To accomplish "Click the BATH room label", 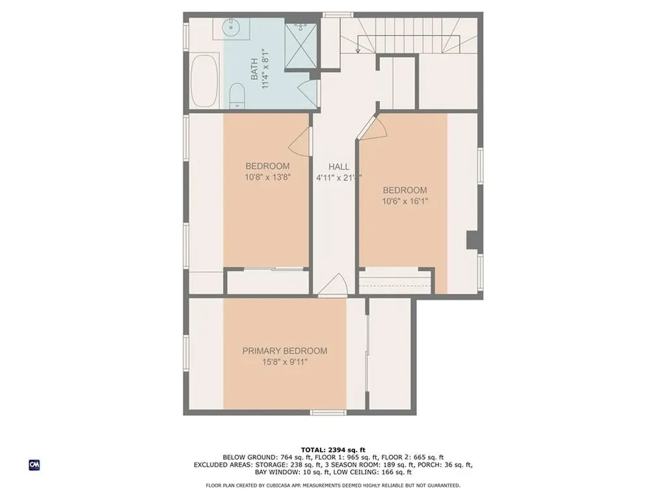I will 254,69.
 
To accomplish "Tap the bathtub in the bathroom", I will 204,81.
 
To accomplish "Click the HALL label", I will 338,167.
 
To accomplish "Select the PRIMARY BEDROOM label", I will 285,351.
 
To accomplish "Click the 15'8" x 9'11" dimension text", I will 285,362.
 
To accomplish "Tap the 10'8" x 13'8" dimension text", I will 267,177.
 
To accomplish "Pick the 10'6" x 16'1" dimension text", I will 405,201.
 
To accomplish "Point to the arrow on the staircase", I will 358,49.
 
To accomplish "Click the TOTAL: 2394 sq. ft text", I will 333,450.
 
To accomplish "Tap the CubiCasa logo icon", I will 34,465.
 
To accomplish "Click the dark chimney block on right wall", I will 474,240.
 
